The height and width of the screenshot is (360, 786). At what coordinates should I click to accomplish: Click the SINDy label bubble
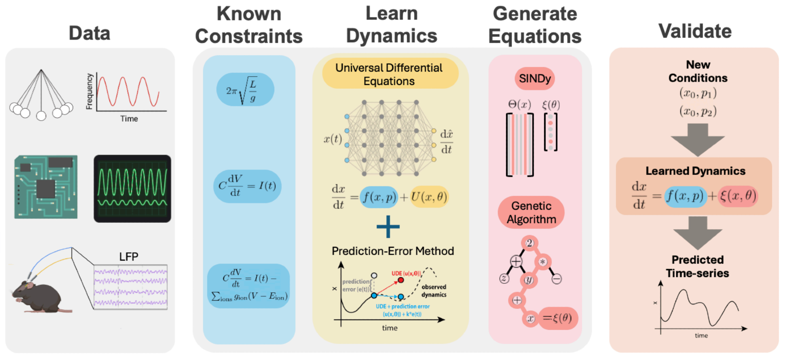coord(534,79)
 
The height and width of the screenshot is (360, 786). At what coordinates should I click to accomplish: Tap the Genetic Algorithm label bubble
coord(531,213)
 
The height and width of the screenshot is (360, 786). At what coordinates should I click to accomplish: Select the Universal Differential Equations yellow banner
coord(389,74)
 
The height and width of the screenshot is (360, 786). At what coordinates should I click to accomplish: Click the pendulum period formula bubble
coord(245,90)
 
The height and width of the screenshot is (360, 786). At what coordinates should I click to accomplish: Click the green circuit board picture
coord(46,187)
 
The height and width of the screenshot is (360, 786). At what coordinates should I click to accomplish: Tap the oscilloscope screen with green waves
coord(132,189)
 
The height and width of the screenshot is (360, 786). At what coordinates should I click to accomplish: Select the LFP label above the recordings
coord(129,257)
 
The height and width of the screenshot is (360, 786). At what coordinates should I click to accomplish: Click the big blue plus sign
coord(388,227)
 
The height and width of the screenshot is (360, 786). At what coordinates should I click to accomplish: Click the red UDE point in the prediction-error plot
coord(401,280)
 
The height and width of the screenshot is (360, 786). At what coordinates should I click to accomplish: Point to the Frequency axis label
coord(90,91)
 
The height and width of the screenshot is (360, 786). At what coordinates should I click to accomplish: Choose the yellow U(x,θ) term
coord(429,197)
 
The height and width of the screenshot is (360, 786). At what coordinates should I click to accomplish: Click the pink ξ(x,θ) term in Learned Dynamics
coord(738,196)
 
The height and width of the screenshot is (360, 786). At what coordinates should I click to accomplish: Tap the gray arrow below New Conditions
coord(698,140)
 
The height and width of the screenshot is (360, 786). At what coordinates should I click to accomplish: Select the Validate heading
coord(695,31)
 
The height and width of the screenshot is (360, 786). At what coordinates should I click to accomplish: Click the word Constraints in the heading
coord(249,37)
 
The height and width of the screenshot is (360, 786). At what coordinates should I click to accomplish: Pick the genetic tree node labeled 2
coord(530,243)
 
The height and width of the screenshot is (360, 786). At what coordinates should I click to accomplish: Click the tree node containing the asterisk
coord(543,262)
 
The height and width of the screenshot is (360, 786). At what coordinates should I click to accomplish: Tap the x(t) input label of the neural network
coord(332,139)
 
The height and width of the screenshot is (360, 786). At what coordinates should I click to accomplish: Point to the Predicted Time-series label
coord(697,266)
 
